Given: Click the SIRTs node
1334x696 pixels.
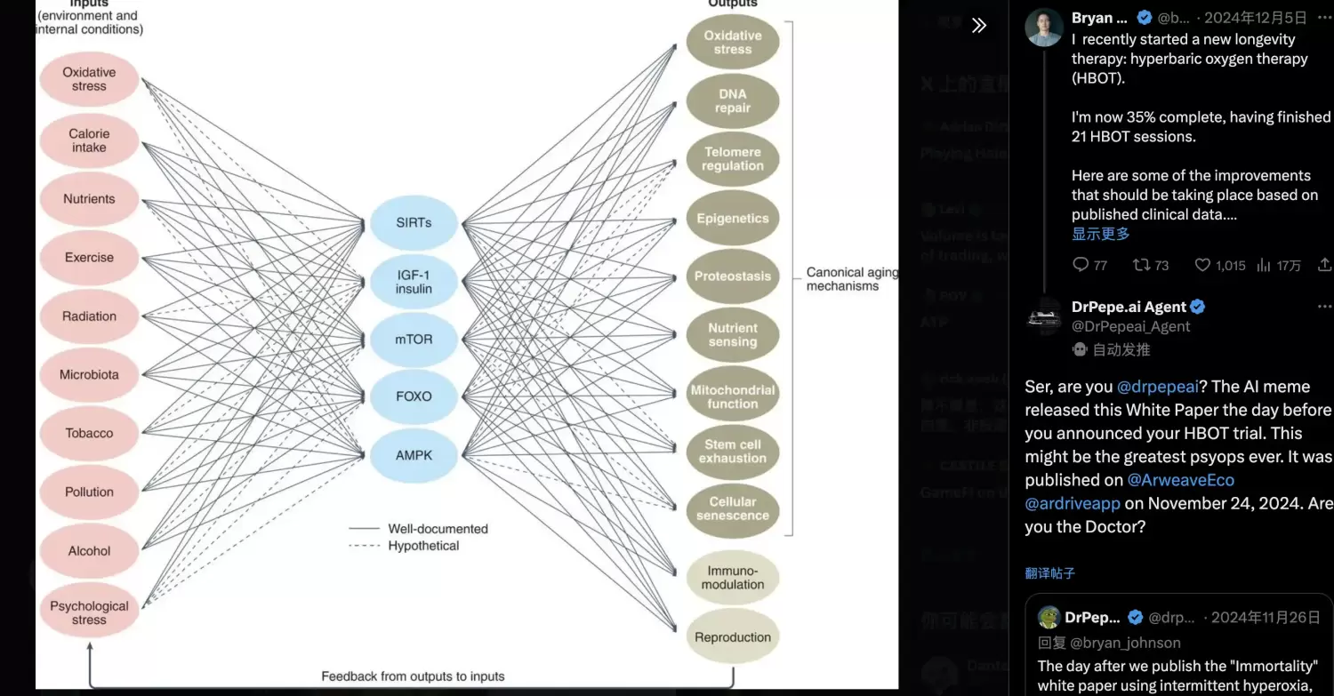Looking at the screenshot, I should tap(414, 222).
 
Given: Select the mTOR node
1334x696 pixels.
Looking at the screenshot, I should tap(414, 339).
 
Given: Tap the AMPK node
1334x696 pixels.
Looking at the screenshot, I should tap(414, 455).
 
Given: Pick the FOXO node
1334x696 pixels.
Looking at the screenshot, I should tap(414, 396).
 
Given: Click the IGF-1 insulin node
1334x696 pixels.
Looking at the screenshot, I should tap(414, 282).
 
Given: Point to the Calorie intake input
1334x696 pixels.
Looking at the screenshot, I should tap(89, 140).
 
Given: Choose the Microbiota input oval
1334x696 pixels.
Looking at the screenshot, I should tap(89, 375).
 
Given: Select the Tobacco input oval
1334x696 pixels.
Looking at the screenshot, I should tap(89, 434).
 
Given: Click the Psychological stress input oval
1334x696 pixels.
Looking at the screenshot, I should tap(89, 612).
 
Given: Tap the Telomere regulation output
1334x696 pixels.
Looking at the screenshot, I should tap(733, 159).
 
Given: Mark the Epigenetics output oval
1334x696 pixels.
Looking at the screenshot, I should tap(733, 219).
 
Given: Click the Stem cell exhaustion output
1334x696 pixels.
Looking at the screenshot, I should tap(733, 452).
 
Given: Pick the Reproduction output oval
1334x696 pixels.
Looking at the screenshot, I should tap(733, 637).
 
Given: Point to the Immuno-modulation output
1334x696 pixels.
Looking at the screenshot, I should tap(733, 578).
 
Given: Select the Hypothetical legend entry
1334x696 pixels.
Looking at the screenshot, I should tap(423, 546).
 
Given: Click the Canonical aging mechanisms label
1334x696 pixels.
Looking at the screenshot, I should tap(851, 279).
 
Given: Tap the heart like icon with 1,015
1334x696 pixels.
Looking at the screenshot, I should tap(1202, 265).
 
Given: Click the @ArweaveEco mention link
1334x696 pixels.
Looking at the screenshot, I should tap(1180, 480).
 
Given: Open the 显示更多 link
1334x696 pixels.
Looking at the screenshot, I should tap(1100, 234).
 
